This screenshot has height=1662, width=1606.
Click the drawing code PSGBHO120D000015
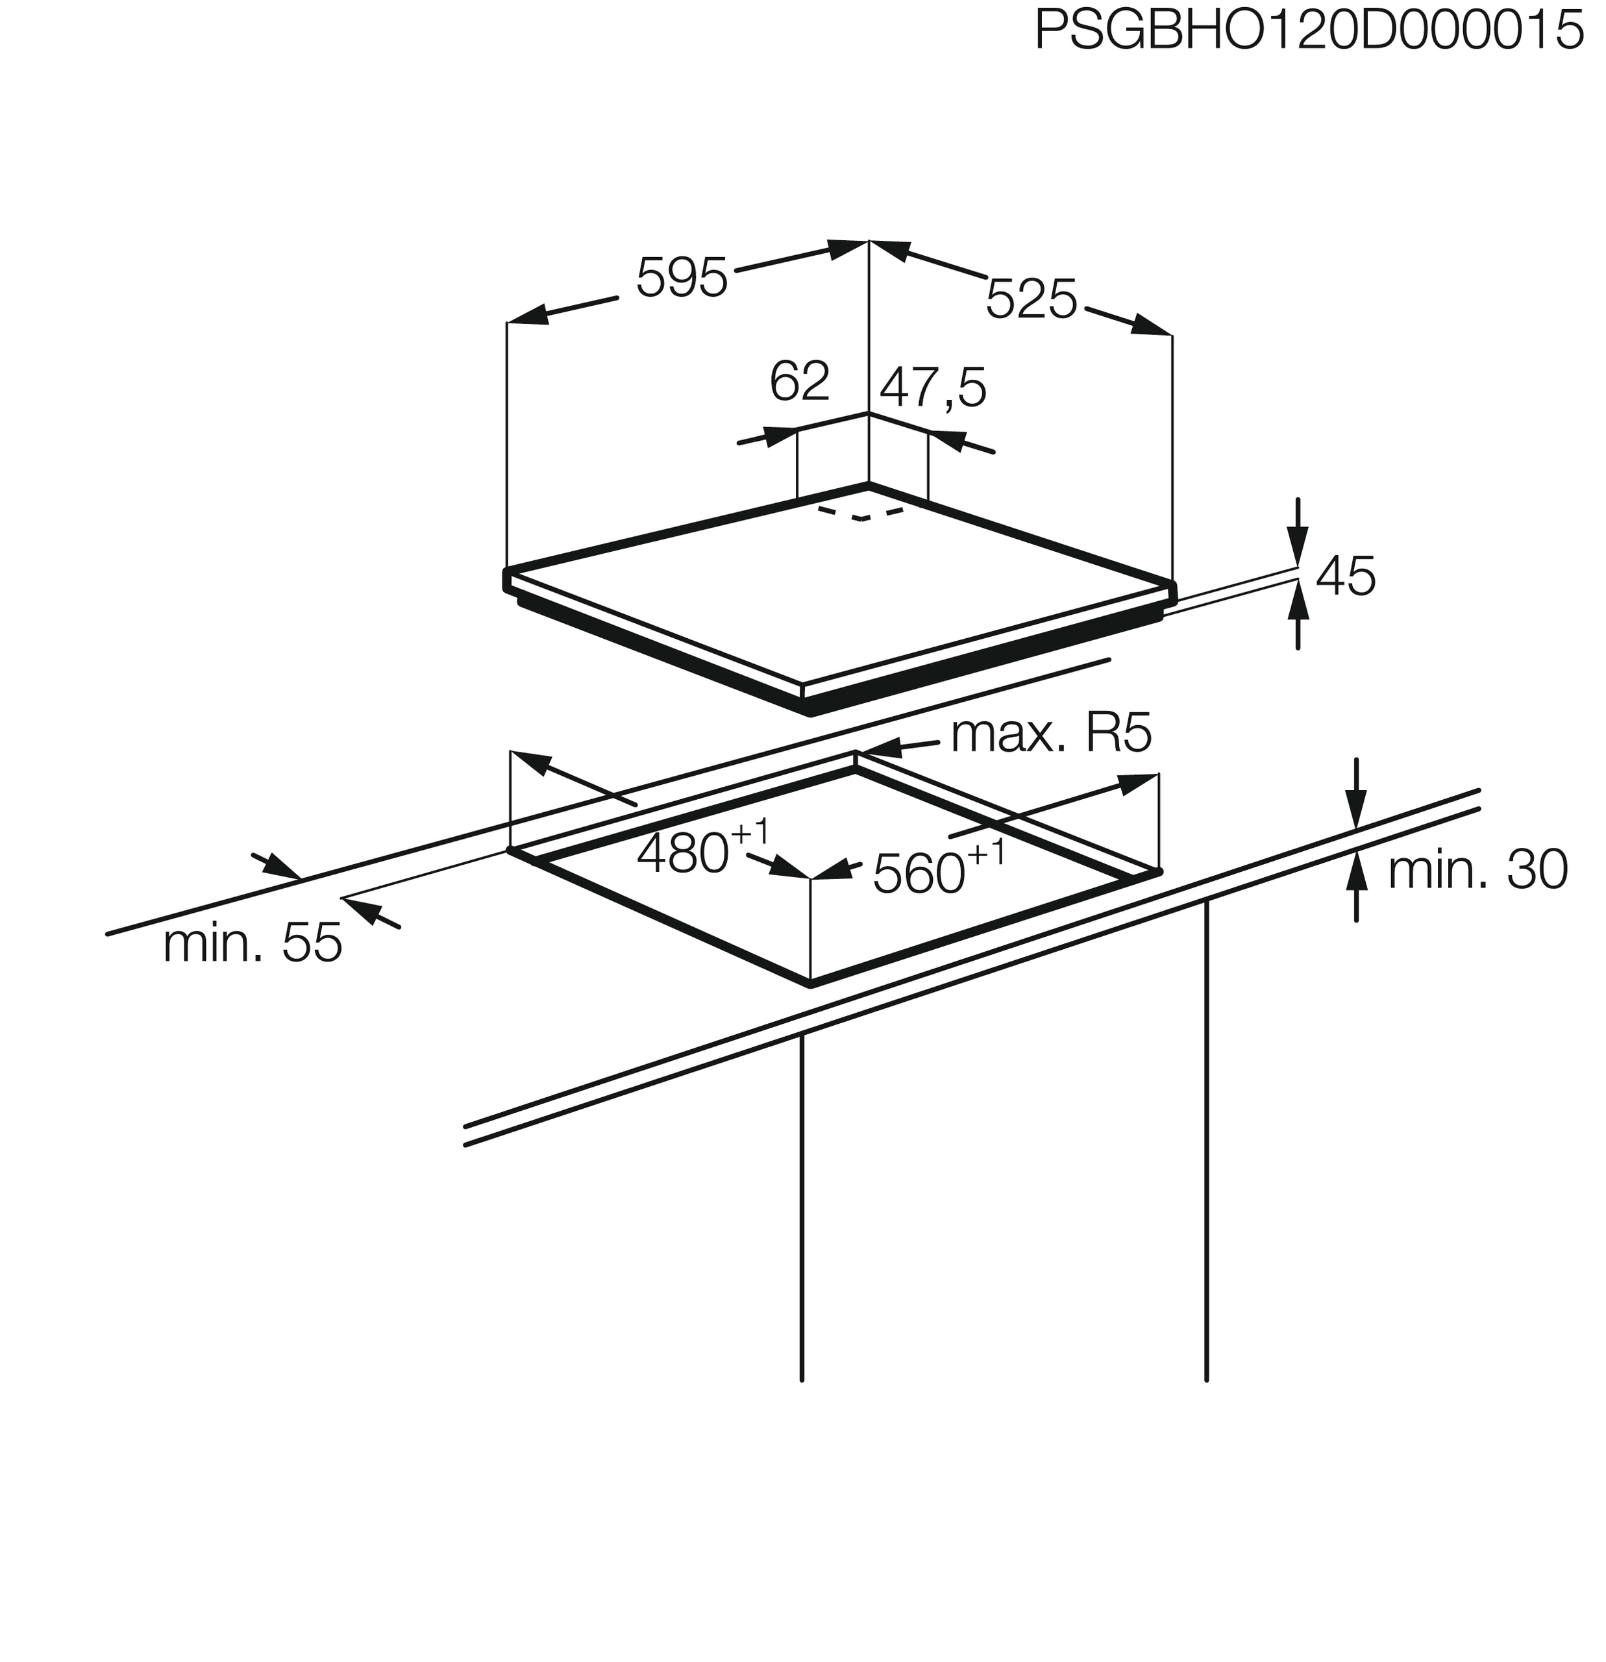click(x=1309, y=31)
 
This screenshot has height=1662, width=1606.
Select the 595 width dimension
click(x=681, y=277)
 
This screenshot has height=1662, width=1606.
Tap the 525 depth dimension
click(x=1030, y=299)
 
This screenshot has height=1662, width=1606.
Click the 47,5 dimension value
click(x=933, y=388)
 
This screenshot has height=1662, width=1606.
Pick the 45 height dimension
click(x=1345, y=577)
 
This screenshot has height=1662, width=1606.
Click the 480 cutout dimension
click(x=683, y=853)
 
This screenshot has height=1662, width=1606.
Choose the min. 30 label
click(x=1477, y=870)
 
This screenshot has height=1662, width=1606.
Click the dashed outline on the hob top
click(x=861, y=514)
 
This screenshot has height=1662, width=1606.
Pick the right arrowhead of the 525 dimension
click(x=1152, y=326)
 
